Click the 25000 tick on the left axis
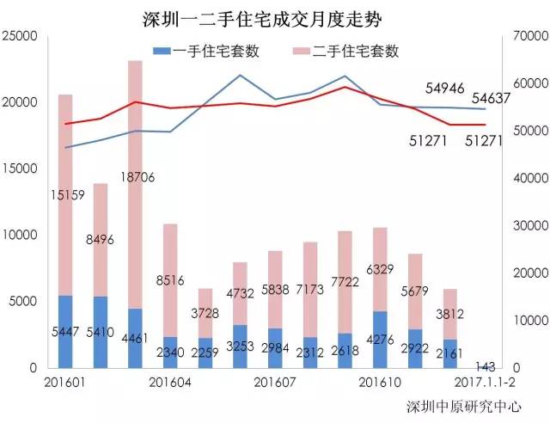coord(20,36)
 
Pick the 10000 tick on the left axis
coord(20,235)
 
